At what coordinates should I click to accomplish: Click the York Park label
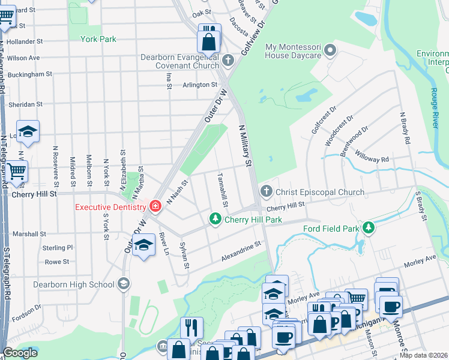(x=98, y=39)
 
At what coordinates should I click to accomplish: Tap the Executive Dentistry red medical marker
(x=155, y=206)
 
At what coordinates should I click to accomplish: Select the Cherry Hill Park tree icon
(x=214, y=220)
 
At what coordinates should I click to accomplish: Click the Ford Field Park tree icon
(x=369, y=228)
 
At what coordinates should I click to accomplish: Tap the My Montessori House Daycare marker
(x=330, y=52)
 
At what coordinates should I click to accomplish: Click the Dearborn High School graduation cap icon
(x=123, y=284)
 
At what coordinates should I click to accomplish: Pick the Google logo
(x=20, y=353)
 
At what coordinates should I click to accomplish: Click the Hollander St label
(x=25, y=42)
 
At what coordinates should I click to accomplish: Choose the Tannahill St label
(x=222, y=190)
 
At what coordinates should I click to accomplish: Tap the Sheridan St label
(x=25, y=104)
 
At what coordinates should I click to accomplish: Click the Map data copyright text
(x=424, y=355)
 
